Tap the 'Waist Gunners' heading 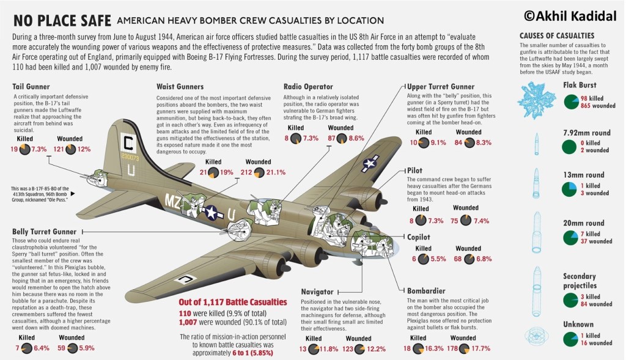pos(180,87)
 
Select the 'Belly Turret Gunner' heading pos(44,232)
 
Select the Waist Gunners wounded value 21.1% pos(273,172)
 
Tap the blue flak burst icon pos(536,97)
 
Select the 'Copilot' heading pos(419,237)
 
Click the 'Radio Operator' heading pos(308,87)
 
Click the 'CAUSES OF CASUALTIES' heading pos(556,35)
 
